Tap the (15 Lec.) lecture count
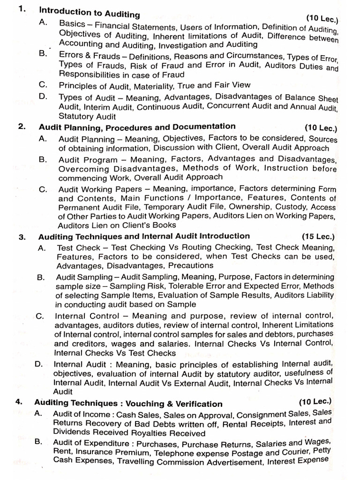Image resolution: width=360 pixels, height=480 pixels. click(x=318, y=236)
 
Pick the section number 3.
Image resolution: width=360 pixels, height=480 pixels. click(x=22, y=236)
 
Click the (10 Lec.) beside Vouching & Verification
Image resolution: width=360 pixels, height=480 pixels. click(x=315, y=401)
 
